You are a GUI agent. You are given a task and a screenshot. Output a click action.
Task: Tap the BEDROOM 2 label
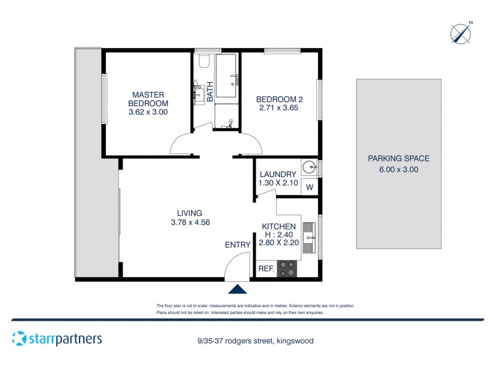click(279, 99)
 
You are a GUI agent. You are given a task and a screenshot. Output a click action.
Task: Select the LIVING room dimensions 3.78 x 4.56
click(191, 223)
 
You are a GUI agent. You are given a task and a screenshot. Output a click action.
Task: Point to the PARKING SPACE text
click(398, 158)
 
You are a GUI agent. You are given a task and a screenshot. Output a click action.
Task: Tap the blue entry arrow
click(237, 289)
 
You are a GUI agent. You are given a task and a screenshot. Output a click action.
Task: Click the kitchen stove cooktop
click(287, 268)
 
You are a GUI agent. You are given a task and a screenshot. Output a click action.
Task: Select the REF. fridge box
click(266, 268)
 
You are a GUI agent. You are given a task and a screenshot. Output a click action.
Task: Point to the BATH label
click(210, 92)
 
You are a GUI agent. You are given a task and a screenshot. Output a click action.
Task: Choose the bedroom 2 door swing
click(251, 145)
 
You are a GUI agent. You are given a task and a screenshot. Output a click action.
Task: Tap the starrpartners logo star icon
click(20, 339)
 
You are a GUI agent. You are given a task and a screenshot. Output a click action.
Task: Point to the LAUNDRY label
click(278, 175)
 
